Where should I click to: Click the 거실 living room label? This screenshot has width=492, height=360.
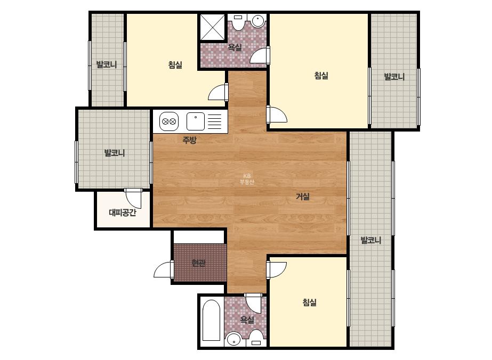click(x=303, y=197)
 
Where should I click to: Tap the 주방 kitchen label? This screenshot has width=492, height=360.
click(x=190, y=140)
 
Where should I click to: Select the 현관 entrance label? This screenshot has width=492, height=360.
click(x=199, y=263)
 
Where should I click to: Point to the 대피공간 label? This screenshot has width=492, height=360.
click(x=123, y=212)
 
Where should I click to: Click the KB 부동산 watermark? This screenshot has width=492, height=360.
click(x=247, y=179)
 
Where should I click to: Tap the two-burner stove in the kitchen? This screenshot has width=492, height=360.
click(x=169, y=121)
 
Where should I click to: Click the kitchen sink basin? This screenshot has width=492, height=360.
click(x=196, y=121)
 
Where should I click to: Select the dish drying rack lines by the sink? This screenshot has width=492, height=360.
click(x=215, y=121)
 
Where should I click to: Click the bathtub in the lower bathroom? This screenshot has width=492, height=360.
click(x=211, y=320)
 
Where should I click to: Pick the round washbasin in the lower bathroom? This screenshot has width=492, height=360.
click(x=233, y=339)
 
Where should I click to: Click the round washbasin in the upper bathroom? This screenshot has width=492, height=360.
click(x=258, y=21)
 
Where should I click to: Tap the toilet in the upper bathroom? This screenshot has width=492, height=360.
click(x=238, y=22)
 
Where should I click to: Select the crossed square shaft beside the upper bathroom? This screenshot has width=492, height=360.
click(x=213, y=27)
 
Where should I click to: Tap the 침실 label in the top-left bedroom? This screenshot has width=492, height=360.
click(x=175, y=65)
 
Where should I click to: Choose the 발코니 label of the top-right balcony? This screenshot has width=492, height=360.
click(x=394, y=77)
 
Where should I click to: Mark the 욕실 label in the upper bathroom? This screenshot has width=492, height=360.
click(x=235, y=47)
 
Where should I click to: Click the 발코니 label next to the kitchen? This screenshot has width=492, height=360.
click(x=115, y=153)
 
